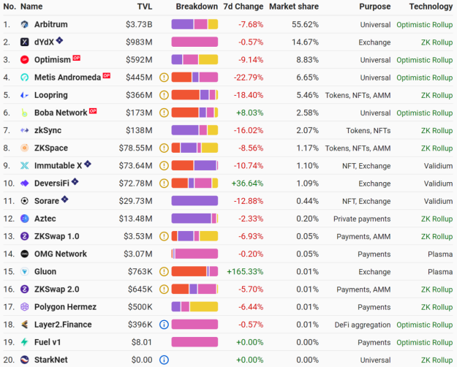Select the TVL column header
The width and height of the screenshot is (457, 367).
145,7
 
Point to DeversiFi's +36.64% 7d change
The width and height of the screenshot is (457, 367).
244,183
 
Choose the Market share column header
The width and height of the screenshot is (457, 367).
293,7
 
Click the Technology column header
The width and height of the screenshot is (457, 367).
431,7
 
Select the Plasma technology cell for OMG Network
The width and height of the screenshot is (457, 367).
439,254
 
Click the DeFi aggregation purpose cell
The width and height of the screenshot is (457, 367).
360,325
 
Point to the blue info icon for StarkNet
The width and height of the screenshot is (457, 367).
164,360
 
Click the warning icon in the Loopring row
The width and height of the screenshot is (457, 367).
164,95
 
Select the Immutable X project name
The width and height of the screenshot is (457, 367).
58,165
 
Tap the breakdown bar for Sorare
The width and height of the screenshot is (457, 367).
194,201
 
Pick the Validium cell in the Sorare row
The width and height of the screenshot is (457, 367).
438,201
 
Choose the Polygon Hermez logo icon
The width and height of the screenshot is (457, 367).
24,307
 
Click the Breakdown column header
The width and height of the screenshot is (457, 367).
196,7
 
